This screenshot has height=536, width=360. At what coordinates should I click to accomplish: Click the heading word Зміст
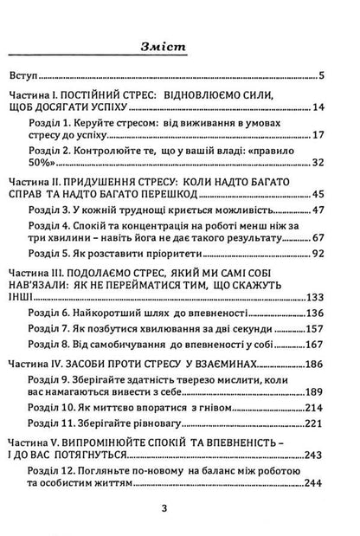(180, 48)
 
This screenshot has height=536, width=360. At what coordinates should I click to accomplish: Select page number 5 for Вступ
(344, 75)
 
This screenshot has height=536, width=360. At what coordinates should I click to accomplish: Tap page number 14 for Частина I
(341, 107)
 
